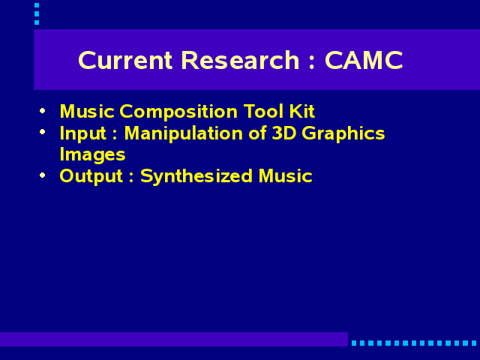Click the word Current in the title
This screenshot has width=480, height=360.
[x=125, y=60]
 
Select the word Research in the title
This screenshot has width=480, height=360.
[x=240, y=60]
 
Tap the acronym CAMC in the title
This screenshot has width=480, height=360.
[x=364, y=60]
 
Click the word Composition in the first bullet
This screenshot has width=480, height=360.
[x=178, y=112]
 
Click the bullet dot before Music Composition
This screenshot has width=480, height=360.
[x=43, y=110]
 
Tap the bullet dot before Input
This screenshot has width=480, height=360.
[x=43, y=132]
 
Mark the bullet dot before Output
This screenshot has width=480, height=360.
[x=43, y=175]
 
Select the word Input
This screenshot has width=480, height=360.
[x=83, y=134]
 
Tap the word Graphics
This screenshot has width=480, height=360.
[x=343, y=133]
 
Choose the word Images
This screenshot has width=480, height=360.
[x=92, y=155]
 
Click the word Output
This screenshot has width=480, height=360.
[x=91, y=177]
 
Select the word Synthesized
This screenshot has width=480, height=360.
[x=196, y=177]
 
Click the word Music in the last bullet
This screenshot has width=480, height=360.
[x=285, y=176]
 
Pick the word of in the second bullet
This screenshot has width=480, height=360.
[x=257, y=133]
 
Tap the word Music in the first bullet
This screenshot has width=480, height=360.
[x=87, y=111]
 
